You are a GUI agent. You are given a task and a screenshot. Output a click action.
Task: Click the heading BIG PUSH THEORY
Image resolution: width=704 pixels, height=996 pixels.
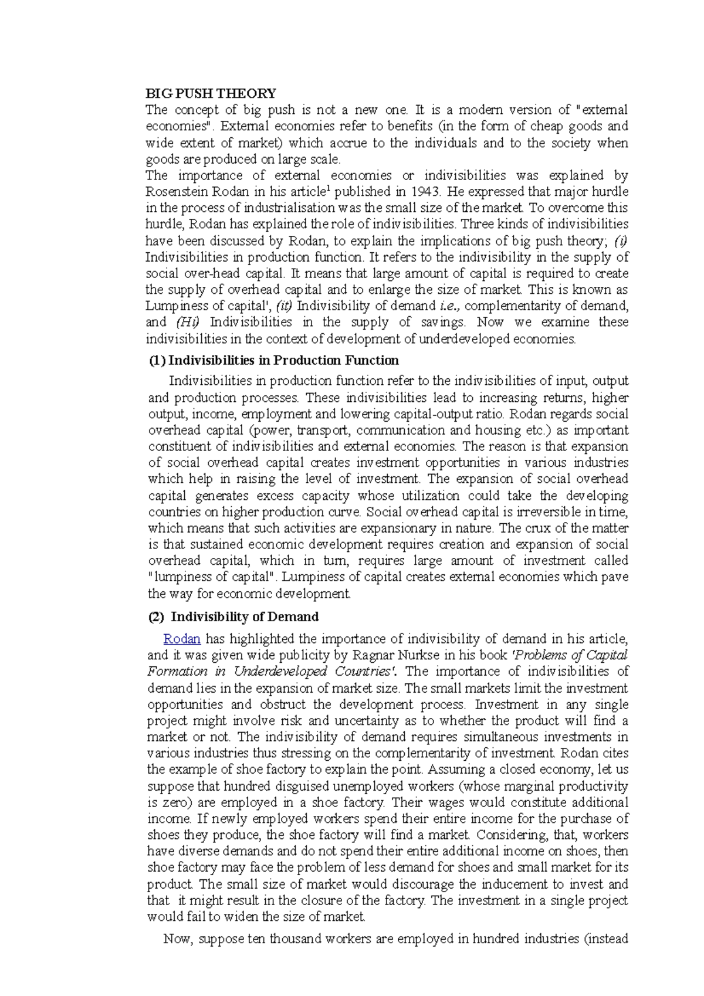211,93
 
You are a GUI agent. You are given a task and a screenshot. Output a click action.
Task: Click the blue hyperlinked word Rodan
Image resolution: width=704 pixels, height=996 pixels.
182,639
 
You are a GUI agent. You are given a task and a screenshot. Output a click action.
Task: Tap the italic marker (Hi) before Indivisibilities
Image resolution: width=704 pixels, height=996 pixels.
188,322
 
